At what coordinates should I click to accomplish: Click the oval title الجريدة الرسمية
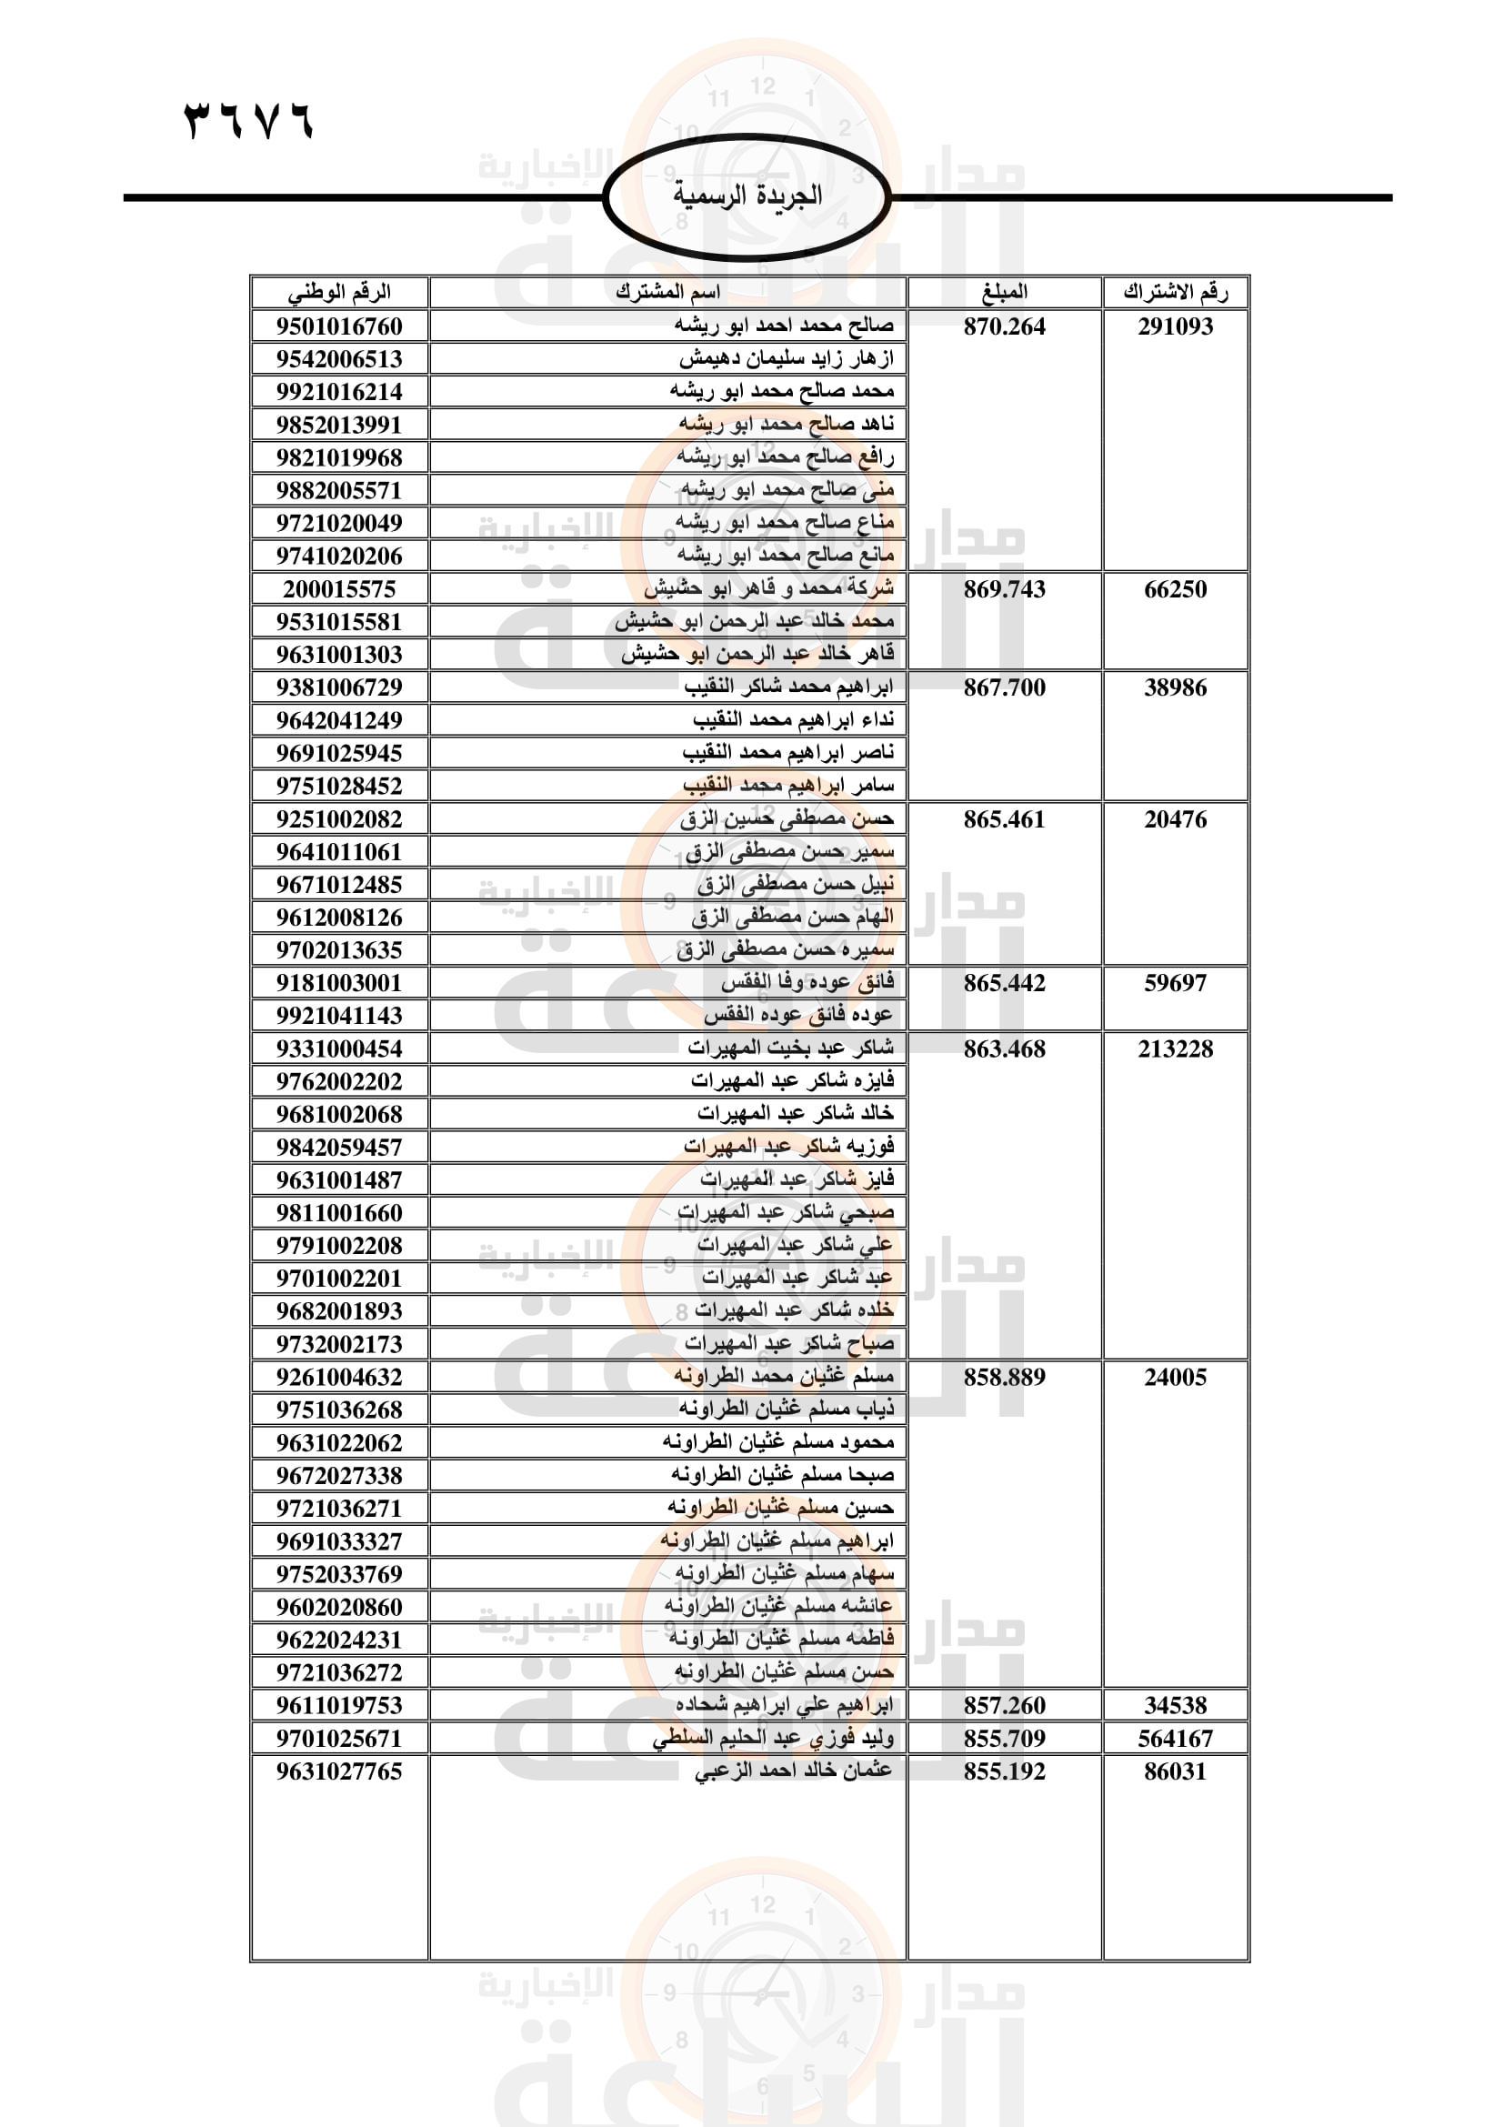click(747, 196)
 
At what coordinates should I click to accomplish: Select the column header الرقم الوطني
click(339, 293)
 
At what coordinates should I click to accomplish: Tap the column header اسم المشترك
click(667, 293)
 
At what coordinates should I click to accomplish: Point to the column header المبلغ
click(1004, 293)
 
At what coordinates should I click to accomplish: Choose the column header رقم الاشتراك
click(1175, 293)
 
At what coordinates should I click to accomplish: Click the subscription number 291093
click(1175, 326)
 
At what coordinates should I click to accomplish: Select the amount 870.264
click(1004, 326)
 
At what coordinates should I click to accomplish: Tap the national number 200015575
click(339, 589)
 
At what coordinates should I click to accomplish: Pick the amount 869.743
click(1004, 589)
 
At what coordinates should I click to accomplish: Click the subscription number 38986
click(1175, 687)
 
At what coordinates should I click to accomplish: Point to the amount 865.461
click(1004, 819)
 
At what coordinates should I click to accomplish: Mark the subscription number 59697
click(1175, 983)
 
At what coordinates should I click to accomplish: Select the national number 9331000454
click(339, 1048)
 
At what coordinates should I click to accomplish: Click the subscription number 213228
click(1175, 1048)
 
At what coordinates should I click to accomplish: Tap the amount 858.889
click(1004, 1377)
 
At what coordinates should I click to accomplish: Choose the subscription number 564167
click(1175, 1739)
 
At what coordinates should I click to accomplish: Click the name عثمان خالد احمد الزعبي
click(794, 1771)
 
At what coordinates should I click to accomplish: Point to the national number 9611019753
click(339, 1705)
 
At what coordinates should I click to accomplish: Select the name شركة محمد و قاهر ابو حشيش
click(768, 589)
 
